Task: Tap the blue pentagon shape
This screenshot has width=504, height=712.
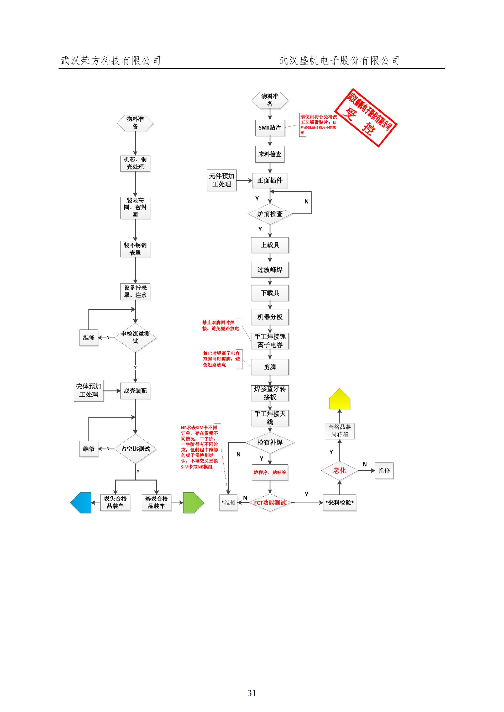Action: point(81,503)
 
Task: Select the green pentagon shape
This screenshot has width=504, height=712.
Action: point(193,503)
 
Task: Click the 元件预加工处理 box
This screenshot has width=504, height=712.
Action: point(222,180)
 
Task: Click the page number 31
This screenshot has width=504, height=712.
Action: point(252,693)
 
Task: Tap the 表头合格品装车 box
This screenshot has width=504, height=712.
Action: point(115,503)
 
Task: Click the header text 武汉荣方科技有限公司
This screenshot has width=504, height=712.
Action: point(111,61)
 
